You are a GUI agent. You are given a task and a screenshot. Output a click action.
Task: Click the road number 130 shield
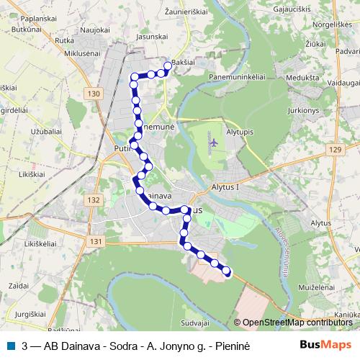(91, 94)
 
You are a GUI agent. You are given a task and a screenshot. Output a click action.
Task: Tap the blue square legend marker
(9, 345)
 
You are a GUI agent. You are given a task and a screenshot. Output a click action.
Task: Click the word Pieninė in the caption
(230, 345)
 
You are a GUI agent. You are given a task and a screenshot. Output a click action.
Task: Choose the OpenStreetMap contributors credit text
(297, 323)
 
